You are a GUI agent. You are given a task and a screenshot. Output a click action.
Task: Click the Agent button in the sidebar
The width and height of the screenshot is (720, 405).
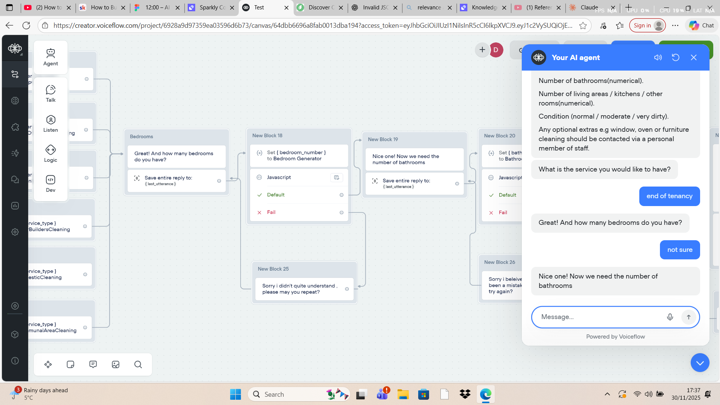tap(51, 57)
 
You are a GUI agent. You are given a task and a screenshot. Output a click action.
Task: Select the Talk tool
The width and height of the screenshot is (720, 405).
tap(51, 93)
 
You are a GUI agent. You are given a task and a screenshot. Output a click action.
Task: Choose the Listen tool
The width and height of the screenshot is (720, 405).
tap(51, 123)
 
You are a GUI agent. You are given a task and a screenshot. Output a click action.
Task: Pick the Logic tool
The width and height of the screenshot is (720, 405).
tap(51, 154)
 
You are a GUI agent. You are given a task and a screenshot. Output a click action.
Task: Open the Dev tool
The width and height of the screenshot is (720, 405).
tap(51, 184)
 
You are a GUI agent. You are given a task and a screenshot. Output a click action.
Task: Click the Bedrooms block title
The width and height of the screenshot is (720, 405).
tap(142, 137)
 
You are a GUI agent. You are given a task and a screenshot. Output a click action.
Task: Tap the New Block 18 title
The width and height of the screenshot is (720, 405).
tap(267, 136)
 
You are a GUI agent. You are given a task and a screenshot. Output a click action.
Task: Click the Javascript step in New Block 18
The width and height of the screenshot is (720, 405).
tap(279, 177)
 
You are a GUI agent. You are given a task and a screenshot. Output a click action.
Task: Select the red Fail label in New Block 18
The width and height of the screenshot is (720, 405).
tap(271, 212)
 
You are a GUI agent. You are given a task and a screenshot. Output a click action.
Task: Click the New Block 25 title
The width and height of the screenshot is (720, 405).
tap(273, 269)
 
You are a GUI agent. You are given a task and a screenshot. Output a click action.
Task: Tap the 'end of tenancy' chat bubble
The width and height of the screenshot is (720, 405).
tap(669, 196)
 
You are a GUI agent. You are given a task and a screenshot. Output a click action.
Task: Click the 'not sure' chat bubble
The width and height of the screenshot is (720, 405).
tap(679, 250)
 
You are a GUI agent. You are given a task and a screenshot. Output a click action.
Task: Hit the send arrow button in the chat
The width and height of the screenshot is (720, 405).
tap(688, 317)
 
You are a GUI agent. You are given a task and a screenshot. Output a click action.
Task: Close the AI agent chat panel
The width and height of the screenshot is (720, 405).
tap(693, 57)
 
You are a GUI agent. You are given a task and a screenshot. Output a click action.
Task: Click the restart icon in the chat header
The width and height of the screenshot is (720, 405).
tap(675, 57)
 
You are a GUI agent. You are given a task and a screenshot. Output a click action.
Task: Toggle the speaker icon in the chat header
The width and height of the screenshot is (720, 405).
tap(658, 57)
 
